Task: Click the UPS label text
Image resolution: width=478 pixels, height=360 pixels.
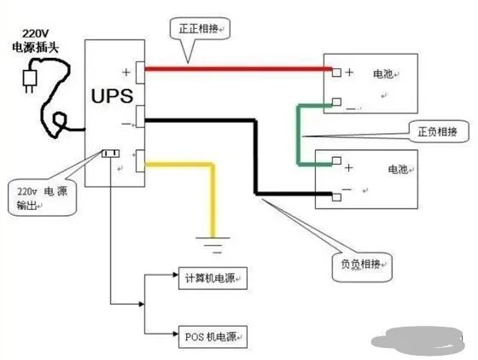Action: click(x=112, y=96)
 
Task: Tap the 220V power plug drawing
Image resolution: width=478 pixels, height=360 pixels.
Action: click(x=30, y=80)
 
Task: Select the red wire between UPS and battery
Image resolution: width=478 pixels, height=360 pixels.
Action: click(x=238, y=69)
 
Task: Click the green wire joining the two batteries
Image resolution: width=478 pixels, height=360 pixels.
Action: click(x=299, y=136)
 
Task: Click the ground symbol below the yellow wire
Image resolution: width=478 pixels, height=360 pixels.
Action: click(x=213, y=245)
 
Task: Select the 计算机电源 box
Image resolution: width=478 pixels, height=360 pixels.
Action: click(x=213, y=278)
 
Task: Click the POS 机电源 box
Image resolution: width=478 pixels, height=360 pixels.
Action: click(x=213, y=337)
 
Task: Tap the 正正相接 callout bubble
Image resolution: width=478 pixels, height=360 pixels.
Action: click(x=200, y=29)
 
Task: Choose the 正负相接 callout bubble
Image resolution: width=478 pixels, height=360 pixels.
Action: click(x=439, y=131)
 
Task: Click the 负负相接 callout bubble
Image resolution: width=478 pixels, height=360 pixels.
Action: click(x=362, y=267)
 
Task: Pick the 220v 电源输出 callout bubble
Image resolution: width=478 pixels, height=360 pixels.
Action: click(x=42, y=197)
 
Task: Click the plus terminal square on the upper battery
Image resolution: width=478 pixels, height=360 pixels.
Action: click(x=336, y=73)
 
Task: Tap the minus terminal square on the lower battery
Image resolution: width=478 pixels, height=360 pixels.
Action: click(x=336, y=197)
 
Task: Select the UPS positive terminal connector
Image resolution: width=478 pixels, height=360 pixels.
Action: click(x=140, y=73)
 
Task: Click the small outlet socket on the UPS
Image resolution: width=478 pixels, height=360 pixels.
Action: click(x=111, y=154)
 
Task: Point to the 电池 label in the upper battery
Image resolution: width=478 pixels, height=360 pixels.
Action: click(x=383, y=73)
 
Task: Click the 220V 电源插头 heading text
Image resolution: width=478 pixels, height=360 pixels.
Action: click(x=35, y=41)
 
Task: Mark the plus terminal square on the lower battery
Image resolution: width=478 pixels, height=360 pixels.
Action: click(x=336, y=160)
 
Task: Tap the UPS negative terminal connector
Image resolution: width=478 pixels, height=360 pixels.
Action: click(x=140, y=116)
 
